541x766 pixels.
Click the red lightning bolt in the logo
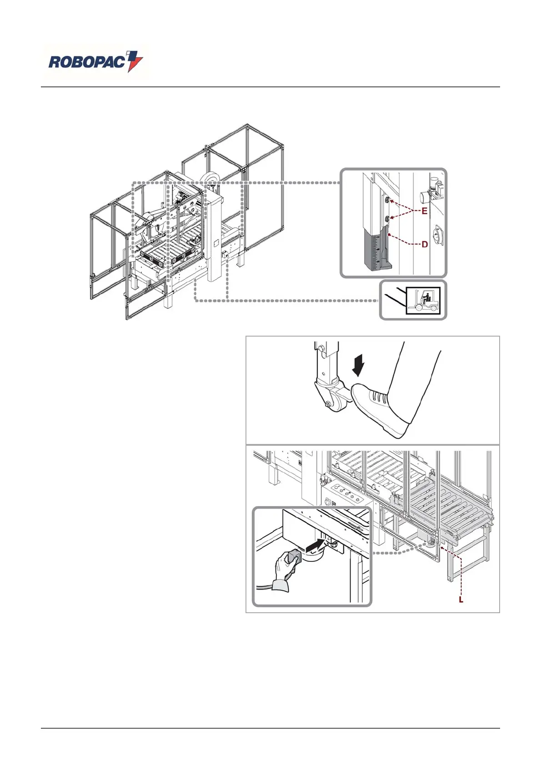[135, 61]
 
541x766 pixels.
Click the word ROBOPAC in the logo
[86, 62]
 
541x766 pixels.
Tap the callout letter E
[424, 211]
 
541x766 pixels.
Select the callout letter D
[425, 244]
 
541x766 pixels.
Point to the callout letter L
[461, 600]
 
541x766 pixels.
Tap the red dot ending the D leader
[390, 234]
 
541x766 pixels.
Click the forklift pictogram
[423, 300]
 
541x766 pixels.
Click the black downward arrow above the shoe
[359, 366]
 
